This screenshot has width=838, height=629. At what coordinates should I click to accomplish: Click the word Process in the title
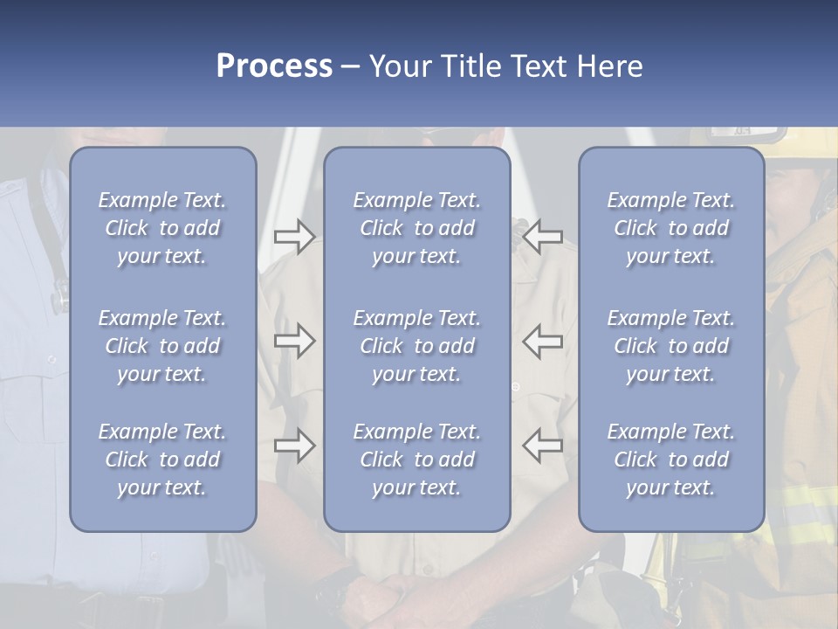(x=274, y=66)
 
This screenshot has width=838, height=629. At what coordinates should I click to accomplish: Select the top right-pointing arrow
(x=294, y=236)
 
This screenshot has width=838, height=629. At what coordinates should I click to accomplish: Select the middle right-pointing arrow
(x=294, y=341)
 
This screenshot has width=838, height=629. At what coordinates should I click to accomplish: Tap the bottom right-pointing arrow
(x=294, y=446)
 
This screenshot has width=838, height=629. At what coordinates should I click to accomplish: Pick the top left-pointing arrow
(x=542, y=236)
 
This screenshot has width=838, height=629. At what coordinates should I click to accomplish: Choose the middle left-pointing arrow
(x=542, y=341)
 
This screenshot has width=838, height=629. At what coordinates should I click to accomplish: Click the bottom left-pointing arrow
(x=542, y=446)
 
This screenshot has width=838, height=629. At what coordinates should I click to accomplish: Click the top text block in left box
(x=162, y=228)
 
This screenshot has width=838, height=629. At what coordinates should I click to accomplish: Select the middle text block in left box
(x=162, y=346)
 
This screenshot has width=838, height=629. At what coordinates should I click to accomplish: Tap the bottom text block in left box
(x=162, y=460)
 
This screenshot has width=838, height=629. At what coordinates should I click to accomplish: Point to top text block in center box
(x=417, y=228)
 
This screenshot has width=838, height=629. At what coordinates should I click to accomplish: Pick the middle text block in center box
(x=417, y=346)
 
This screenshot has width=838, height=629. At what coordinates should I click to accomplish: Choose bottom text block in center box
(x=417, y=460)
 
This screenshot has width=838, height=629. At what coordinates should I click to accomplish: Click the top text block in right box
(x=671, y=228)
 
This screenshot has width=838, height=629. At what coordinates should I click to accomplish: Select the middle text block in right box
(x=671, y=346)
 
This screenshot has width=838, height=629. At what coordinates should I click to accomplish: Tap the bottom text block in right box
(x=671, y=460)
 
